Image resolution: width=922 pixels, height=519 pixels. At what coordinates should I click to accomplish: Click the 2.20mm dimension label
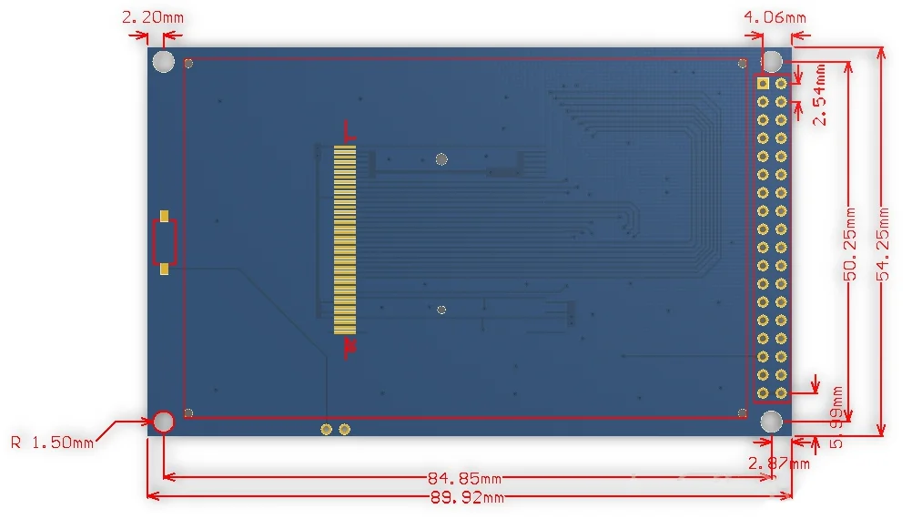(x=153, y=17)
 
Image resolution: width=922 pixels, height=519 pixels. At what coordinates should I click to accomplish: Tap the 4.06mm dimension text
(x=775, y=17)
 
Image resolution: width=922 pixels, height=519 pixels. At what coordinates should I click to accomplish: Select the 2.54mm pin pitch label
(x=819, y=94)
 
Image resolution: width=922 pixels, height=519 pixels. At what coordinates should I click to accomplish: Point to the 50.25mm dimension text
(x=850, y=244)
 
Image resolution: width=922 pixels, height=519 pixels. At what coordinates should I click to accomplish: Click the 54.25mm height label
(x=883, y=244)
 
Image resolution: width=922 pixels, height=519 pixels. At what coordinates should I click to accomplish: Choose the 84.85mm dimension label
(x=464, y=478)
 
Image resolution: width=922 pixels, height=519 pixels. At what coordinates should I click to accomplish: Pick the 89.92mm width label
(x=468, y=498)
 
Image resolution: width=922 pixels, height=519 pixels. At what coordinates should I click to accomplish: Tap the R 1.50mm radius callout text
(x=52, y=443)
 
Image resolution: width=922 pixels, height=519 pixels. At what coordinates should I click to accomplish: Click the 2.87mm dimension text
(x=778, y=463)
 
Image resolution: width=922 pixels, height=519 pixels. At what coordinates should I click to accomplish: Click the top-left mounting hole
(x=164, y=61)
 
